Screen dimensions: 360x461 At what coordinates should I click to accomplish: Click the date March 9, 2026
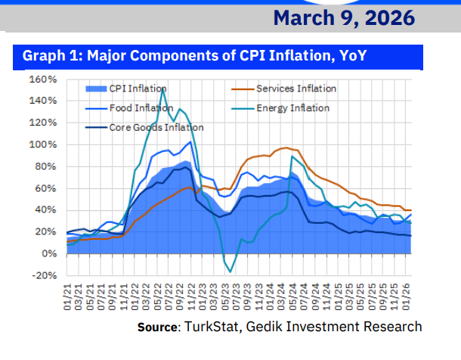(344, 17)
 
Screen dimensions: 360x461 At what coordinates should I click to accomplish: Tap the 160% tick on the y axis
(44, 79)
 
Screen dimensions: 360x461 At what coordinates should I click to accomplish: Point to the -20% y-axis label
(43, 275)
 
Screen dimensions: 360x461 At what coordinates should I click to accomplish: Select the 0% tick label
(48, 253)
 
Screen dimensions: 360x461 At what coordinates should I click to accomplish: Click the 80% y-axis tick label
(46, 166)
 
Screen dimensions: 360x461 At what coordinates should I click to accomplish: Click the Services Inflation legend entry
(296, 88)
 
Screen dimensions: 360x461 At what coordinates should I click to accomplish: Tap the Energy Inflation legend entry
(292, 108)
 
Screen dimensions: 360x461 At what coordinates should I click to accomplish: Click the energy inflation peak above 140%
(162, 90)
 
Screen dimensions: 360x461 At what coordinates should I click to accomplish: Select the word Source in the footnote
(157, 327)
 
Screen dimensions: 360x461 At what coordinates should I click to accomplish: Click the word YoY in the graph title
(350, 56)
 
